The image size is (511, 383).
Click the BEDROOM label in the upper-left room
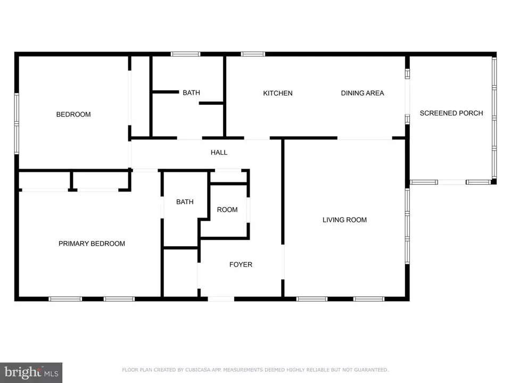73,114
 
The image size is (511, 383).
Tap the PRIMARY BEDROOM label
92,244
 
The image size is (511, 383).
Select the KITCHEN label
278,93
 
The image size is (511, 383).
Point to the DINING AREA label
362,93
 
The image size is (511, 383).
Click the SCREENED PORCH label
451,113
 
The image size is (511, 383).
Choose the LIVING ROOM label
344,220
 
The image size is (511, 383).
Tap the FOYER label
241,264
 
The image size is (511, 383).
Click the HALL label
219,153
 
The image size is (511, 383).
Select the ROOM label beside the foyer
227,210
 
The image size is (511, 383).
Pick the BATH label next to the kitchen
191,93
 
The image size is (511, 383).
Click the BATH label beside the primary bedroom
185,202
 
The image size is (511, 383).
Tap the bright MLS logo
31,372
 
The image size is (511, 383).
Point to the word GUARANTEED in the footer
371,370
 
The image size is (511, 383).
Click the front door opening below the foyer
221,298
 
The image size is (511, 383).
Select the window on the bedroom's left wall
17,123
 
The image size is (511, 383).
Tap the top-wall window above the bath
185,54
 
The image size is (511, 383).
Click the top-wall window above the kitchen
253,54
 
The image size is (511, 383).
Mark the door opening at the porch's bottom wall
452,182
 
